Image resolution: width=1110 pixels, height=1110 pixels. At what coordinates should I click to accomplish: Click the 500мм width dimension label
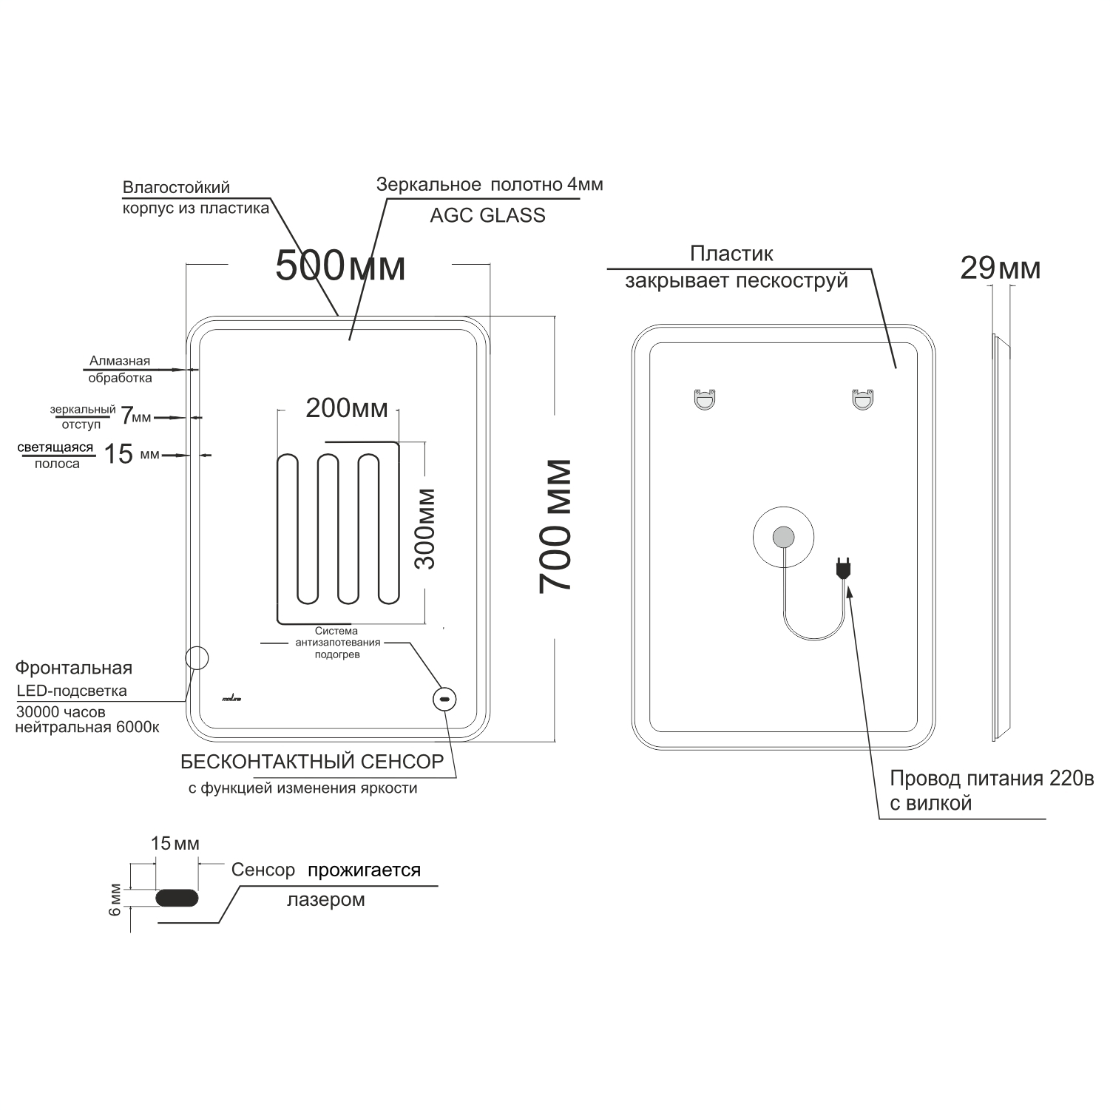coord(340,265)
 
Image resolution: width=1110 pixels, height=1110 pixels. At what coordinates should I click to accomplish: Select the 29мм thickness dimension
coord(1001,268)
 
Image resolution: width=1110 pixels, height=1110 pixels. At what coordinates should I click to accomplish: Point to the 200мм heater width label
coord(347,407)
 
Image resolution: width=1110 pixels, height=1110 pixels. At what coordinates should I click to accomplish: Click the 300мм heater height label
coord(424,528)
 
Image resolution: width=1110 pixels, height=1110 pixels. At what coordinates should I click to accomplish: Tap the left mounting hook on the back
coord(705,399)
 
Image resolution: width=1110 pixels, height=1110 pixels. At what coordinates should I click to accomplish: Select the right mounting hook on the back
coord(862,399)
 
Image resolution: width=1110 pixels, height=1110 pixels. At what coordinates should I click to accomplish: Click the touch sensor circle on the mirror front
coord(444,699)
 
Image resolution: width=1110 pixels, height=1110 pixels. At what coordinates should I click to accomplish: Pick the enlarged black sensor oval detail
coord(177,897)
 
